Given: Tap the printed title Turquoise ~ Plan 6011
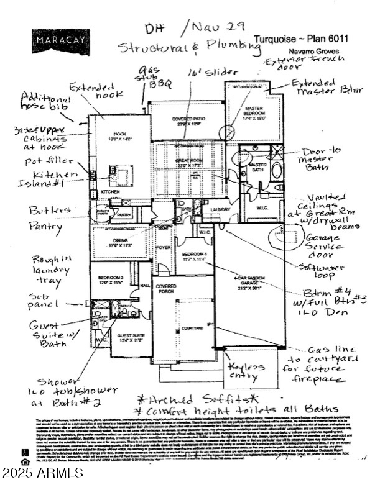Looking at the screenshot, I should click(x=301, y=39).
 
